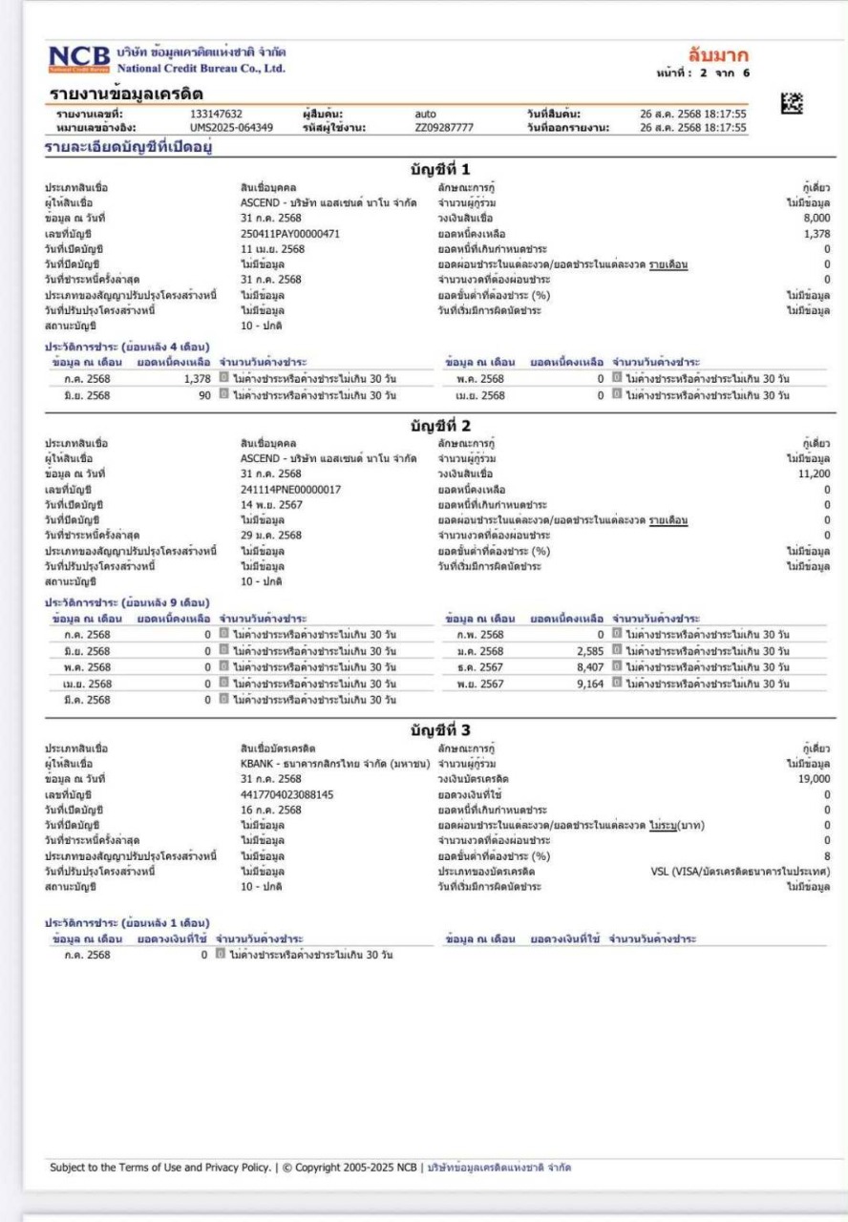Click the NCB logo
click(x=79, y=58)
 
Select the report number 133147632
click(x=217, y=114)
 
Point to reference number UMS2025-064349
click(x=231, y=127)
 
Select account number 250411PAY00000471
click(x=290, y=234)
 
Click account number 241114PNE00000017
click(x=290, y=489)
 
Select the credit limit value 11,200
click(x=813, y=474)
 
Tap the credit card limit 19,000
click(x=813, y=779)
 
